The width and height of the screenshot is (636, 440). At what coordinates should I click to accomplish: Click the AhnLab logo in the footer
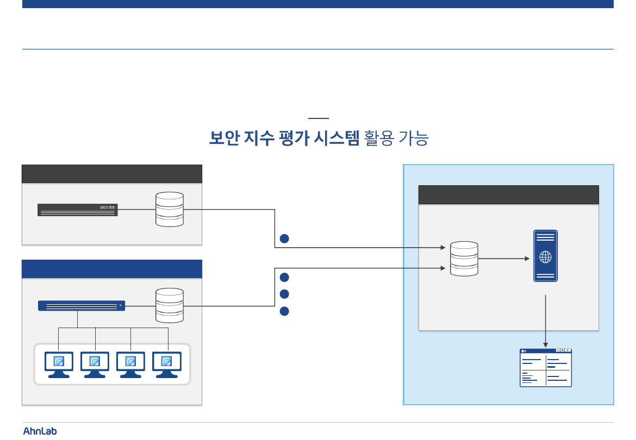(x=40, y=431)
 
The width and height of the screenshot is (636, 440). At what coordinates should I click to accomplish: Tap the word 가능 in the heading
(x=415, y=139)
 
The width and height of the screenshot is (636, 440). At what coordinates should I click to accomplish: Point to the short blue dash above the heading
(x=318, y=118)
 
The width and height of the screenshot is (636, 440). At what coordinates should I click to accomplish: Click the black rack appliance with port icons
(x=78, y=210)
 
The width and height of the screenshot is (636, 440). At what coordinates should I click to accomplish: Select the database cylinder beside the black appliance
(x=170, y=209)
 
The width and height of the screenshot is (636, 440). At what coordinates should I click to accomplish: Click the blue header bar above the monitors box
(x=111, y=269)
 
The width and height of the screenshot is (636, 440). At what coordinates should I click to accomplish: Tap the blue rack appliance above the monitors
(x=82, y=305)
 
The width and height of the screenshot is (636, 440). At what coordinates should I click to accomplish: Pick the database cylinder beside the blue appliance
(x=170, y=305)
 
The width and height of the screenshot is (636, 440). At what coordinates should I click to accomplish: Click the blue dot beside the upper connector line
(x=284, y=238)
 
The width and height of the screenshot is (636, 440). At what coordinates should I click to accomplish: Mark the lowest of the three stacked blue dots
(x=284, y=312)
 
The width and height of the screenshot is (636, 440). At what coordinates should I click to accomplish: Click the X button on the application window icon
(x=568, y=351)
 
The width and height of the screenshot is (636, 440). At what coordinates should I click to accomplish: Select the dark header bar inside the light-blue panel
(x=508, y=194)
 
